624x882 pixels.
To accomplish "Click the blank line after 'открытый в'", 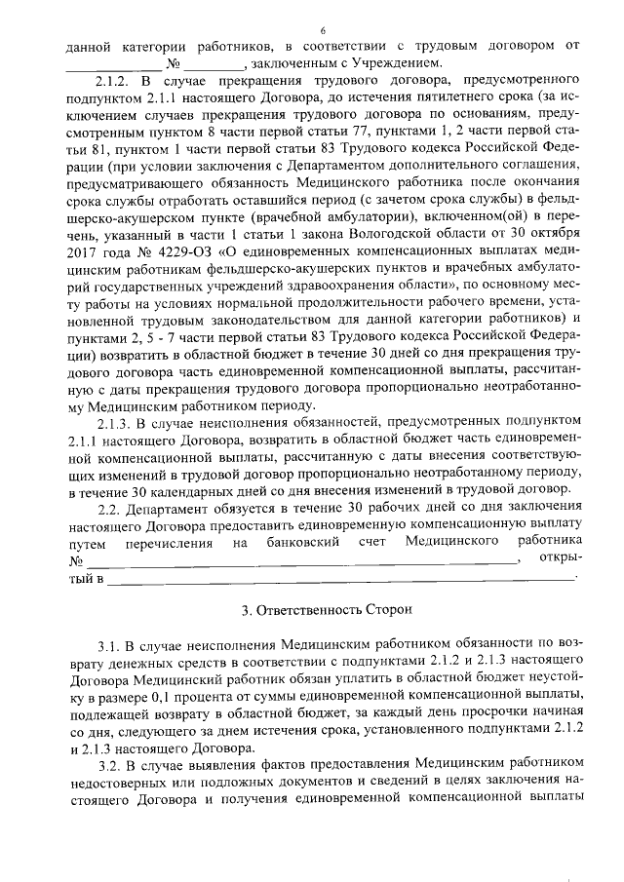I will (341, 580).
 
